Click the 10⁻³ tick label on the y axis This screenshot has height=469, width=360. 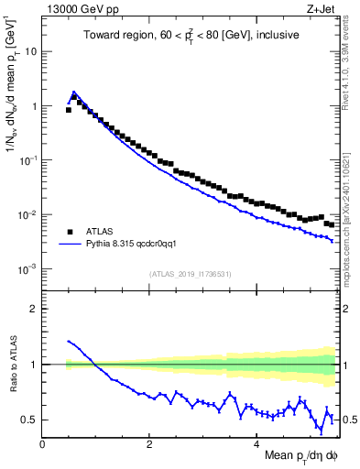click(27, 269)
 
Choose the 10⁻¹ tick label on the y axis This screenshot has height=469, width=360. click(27, 160)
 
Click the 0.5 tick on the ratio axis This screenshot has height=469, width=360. click(28, 420)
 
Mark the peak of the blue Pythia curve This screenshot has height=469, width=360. click(73, 92)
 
